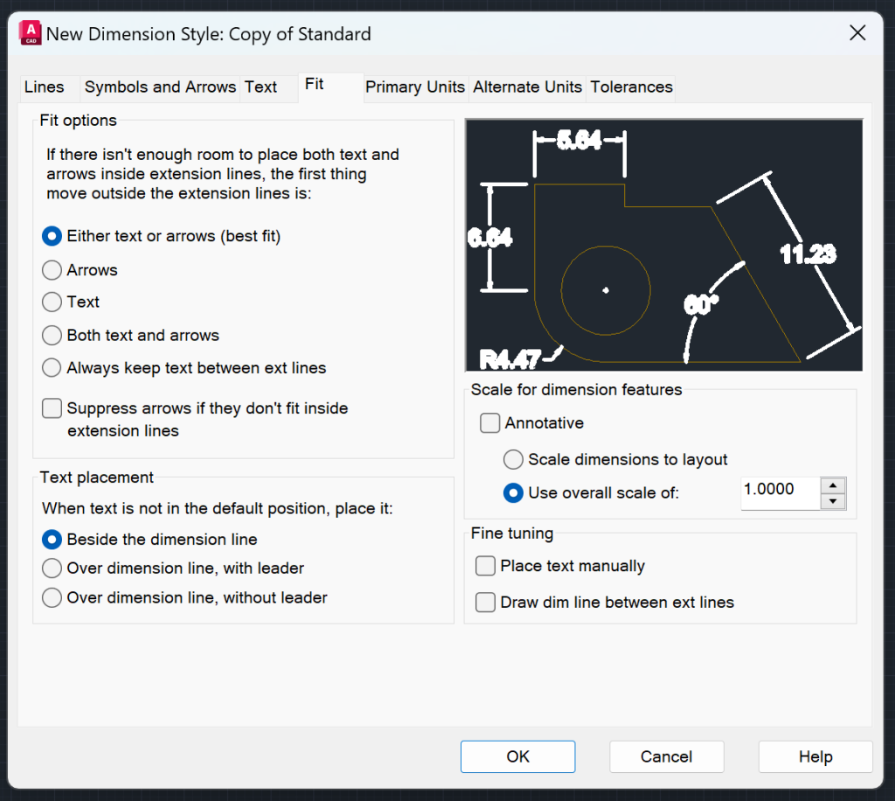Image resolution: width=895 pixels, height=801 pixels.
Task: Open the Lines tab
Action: pyautogui.click(x=45, y=87)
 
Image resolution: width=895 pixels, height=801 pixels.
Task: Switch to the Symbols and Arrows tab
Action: pyautogui.click(x=160, y=87)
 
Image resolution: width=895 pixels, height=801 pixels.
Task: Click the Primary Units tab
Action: pyautogui.click(x=415, y=87)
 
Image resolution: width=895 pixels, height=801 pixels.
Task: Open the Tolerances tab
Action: pyautogui.click(x=631, y=87)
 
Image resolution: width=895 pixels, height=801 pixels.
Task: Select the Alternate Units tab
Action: pyautogui.click(x=527, y=87)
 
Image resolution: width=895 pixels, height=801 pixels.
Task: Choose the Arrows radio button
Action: pyautogui.click(x=52, y=270)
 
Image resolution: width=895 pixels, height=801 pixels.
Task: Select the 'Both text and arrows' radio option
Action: pyautogui.click(x=52, y=336)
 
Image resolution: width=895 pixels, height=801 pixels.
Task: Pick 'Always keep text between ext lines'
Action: pyautogui.click(x=52, y=368)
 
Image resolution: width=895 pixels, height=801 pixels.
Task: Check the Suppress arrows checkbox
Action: pyautogui.click(x=52, y=408)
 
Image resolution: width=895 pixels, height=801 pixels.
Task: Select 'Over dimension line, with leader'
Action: pyautogui.click(x=52, y=568)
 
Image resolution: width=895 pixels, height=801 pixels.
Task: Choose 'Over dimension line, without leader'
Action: pyautogui.click(x=52, y=598)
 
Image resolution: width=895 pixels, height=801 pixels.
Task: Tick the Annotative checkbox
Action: pyautogui.click(x=490, y=423)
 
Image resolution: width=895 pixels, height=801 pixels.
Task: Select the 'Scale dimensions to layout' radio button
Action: pyautogui.click(x=514, y=460)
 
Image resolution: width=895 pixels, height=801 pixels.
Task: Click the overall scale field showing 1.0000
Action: pyautogui.click(x=780, y=491)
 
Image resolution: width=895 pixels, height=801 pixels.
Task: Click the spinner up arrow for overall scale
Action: pyautogui.click(x=834, y=485)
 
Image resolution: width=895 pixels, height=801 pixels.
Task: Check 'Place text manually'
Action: pyautogui.click(x=485, y=567)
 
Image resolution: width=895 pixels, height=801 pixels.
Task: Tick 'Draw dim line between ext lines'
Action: pyautogui.click(x=485, y=602)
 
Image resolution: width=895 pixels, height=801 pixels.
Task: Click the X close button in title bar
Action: pyautogui.click(x=857, y=34)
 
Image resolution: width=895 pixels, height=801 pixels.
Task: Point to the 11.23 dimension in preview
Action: pyautogui.click(x=808, y=254)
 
